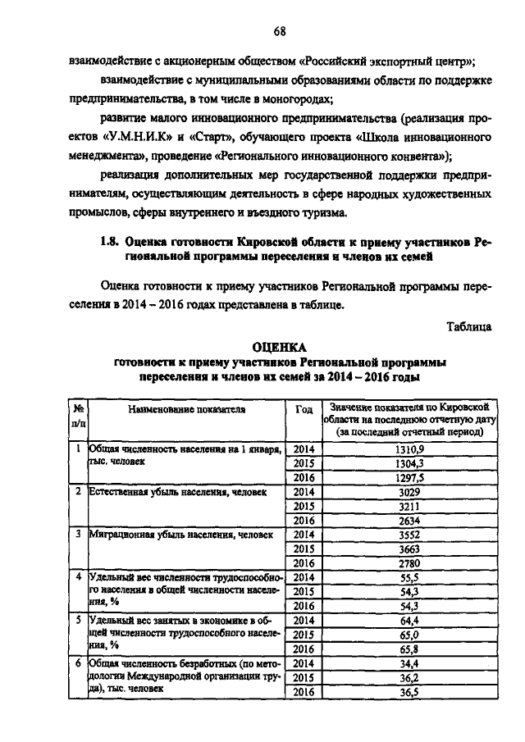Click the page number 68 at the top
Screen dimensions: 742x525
tap(279, 32)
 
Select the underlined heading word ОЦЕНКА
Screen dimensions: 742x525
tap(279, 347)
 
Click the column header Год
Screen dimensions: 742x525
tap(303, 407)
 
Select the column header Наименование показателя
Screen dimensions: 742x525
tap(186, 407)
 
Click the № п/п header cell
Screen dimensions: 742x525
tap(79, 415)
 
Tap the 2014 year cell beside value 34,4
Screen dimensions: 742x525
tap(304, 662)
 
